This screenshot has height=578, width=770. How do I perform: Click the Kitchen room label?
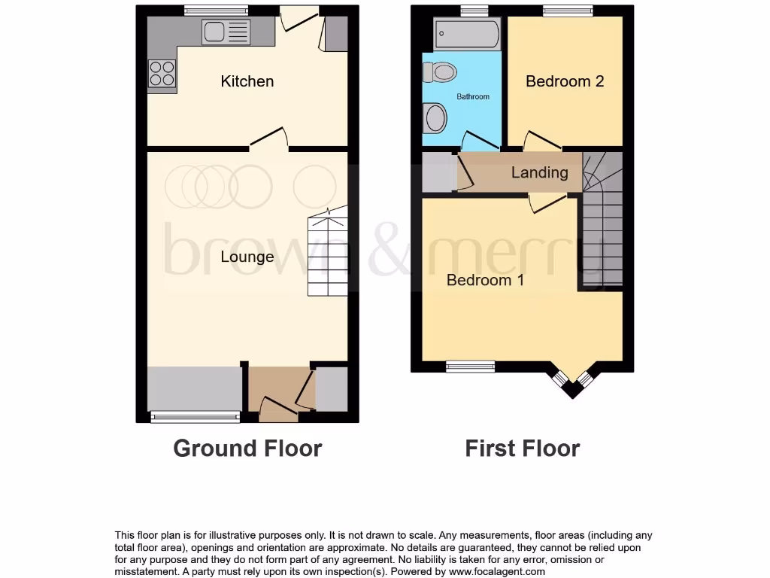(247, 81)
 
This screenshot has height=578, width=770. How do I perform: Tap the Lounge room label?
(247, 257)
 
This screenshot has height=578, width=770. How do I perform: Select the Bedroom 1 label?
(485, 280)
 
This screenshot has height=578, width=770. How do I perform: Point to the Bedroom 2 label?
(564, 81)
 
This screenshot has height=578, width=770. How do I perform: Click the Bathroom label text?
(473, 97)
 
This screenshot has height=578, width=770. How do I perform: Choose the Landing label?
(539, 172)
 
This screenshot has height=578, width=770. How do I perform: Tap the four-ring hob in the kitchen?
(162, 74)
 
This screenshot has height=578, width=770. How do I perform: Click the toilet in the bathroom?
(441, 72)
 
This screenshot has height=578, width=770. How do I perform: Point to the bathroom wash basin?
(435, 118)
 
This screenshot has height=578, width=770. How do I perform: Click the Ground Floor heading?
(247, 449)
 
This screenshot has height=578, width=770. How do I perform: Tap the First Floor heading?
(522, 449)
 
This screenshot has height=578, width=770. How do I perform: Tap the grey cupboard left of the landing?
(435, 172)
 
